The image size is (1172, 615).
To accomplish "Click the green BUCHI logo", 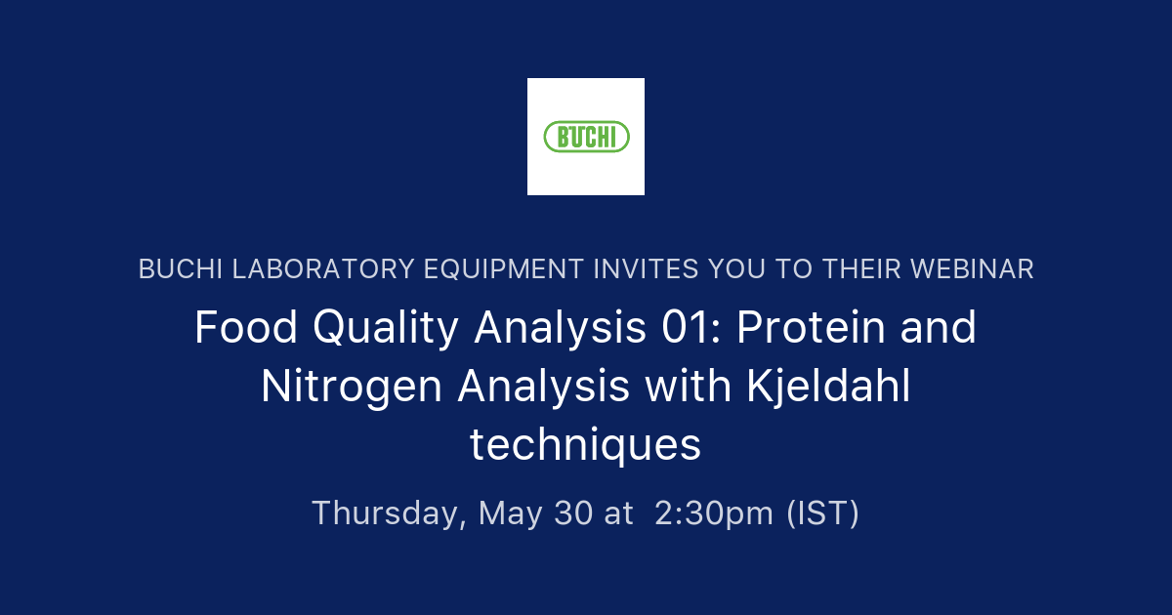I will point(586,137).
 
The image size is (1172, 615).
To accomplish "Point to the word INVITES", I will point(653,269).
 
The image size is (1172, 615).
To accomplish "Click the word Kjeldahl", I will point(828,387).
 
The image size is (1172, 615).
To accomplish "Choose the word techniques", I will point(586,445).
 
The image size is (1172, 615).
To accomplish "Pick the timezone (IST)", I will point(822,512).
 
